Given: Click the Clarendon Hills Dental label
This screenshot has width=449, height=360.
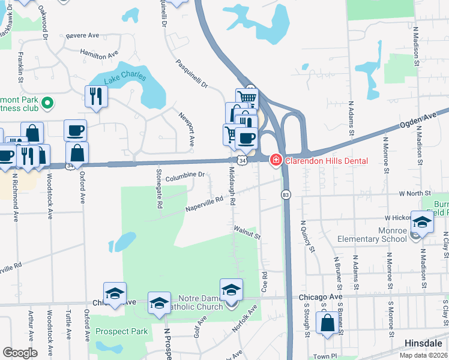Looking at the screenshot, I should coord(326,161).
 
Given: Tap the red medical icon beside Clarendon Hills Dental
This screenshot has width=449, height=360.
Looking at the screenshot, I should coord(276,160).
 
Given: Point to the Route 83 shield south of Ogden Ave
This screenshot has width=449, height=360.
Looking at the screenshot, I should coord(286,194).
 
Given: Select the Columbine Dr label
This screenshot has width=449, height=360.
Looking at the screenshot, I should coord(185,176).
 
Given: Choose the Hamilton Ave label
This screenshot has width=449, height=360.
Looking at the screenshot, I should coord(99,53).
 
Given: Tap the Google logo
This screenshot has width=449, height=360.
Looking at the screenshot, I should coord(20,353).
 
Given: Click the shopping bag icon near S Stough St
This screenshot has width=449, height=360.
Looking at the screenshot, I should coord(328,323).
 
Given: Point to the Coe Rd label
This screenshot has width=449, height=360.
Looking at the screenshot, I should coord(264,282).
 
